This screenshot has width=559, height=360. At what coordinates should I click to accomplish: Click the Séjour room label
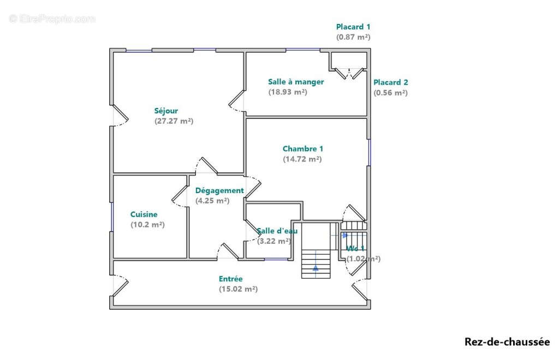(x=166, y=111)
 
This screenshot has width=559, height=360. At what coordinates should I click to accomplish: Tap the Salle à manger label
(x=296, y=82)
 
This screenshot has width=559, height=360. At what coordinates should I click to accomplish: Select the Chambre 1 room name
(x=302, y=149)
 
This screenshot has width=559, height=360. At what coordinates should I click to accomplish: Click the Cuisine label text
(x=144, y=214)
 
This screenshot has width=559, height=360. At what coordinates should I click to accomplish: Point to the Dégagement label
(x=219, y=191)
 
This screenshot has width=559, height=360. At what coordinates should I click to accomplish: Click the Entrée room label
(x=231, y=279)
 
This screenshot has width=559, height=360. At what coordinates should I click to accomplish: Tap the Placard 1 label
(x=353, y=27)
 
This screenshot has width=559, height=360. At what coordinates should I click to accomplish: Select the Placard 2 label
(x=390, y=82)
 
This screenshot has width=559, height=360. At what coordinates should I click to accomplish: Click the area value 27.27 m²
(x=174, y=121)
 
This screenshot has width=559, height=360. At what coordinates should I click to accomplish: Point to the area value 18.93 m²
(x=288, y=92)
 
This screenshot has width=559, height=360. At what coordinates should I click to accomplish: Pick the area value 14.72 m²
(x=302, y=159)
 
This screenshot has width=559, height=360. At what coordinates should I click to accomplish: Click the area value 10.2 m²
(x=147, y=225)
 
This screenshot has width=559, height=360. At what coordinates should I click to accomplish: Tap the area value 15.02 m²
(x=238, y=289)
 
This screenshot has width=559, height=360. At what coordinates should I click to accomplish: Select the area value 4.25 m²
(x=212, y=201)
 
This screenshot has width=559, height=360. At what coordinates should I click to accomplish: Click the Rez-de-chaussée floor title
(x=507, y=342)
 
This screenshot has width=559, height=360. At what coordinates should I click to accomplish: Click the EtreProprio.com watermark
(x=52, y=19)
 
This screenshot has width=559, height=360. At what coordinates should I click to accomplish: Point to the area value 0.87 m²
(x=353, y=37)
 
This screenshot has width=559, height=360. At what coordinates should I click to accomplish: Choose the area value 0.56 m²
(x=390, y=93)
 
